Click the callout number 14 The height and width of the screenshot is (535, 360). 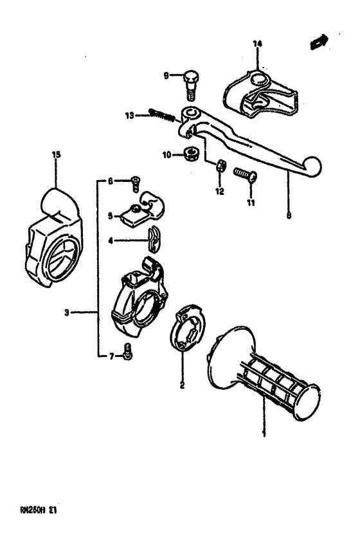tap(257, 44)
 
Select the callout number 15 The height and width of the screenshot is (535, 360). tap(56, 154)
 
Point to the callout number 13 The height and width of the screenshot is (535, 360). tap(129, 116)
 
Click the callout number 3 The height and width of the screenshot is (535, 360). tap(66, 313)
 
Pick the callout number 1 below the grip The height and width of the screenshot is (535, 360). tap(263, 435)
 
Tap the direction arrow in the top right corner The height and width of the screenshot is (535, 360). tap(317, 42)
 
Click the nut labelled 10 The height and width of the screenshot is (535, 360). tap(189, 154)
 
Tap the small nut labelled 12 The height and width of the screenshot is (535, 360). tap(219, 167)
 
